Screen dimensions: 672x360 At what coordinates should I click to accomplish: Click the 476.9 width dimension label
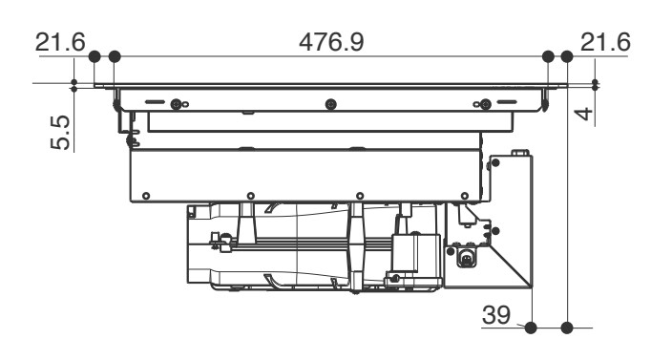tap(331, 42)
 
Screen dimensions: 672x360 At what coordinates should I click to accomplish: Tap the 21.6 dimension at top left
tap(60, 42)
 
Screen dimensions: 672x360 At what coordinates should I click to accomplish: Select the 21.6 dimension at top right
tap(605, 42)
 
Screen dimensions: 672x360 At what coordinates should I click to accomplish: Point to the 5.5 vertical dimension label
tap(60, 133)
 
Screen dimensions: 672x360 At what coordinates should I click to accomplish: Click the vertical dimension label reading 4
tap(583, 115)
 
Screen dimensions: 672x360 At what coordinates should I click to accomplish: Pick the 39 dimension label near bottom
tap(496, 315)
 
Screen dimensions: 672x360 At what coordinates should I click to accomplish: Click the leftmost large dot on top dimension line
tap(94, 56)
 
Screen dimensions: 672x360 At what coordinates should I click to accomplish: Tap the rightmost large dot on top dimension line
tap(567, 56)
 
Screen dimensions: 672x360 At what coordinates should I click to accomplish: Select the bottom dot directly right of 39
tap(531, 328)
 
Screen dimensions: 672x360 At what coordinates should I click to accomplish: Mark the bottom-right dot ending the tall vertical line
tap(567, 328)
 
